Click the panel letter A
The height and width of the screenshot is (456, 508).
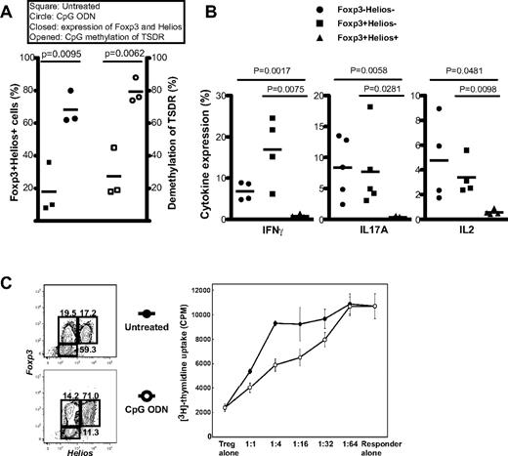click(x=9, y=10)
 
